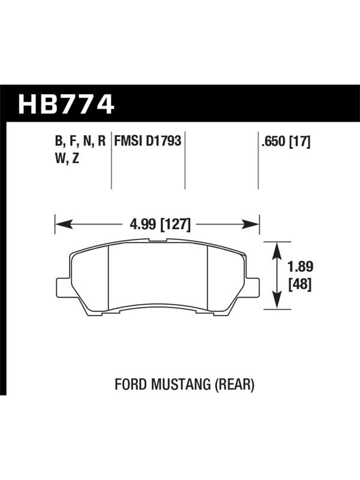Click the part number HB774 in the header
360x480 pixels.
point(67,104)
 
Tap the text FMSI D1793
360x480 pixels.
point(148,141)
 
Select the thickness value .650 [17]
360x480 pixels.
point(286,142)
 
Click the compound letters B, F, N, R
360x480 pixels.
point(80,142)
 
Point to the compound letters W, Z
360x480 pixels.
point(67,158)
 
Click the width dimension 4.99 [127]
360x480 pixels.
point(160,225)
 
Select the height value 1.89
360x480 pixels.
point(301,266)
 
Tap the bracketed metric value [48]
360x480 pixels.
point(301,284)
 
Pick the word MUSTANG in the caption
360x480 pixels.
point(180,384)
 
